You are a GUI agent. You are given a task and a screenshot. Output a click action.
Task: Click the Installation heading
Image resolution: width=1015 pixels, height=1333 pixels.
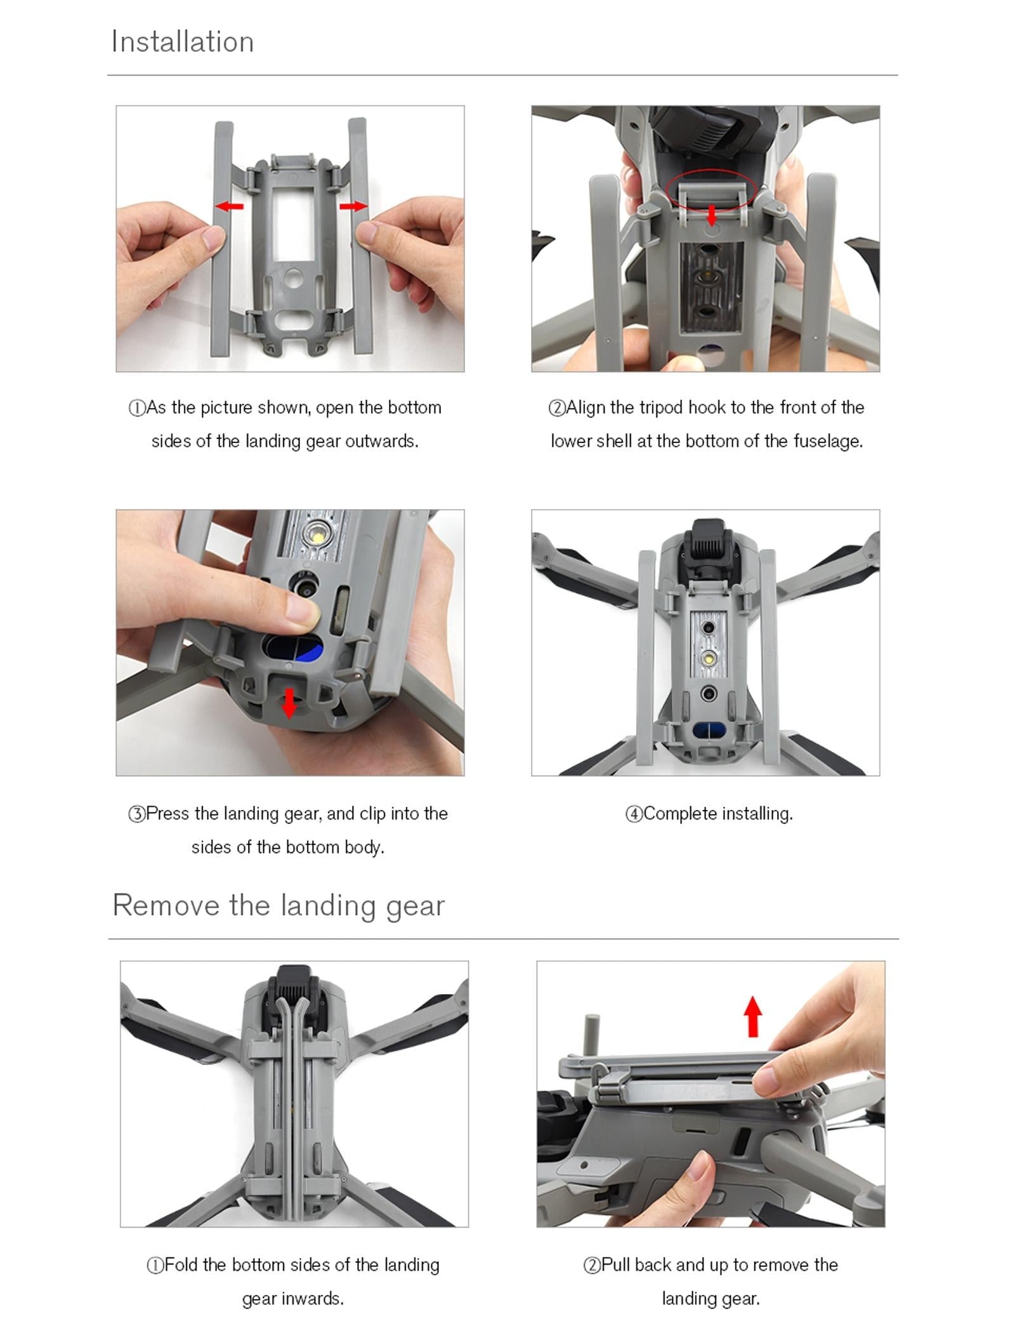pos(182,42)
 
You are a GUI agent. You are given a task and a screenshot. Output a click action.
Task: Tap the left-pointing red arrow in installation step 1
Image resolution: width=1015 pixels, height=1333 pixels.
pos(229,206)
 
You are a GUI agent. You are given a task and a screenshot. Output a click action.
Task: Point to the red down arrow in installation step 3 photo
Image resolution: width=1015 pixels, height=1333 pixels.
pos(289,703)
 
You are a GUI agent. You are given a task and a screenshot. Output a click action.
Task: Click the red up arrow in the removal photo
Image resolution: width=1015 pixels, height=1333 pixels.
pos(752,1016)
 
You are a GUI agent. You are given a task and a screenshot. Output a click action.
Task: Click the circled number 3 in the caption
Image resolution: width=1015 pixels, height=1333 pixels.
pos(136,814)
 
